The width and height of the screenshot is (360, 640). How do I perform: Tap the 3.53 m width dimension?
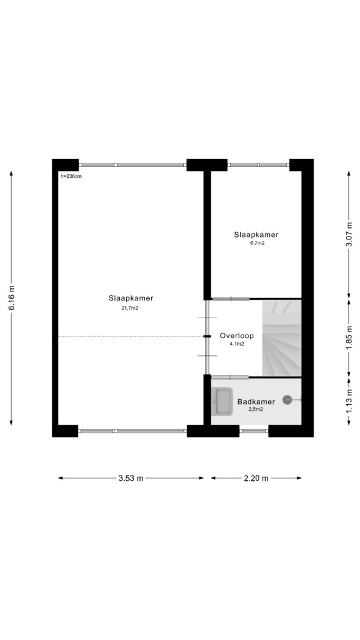point(131,478)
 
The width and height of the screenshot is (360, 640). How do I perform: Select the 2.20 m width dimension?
point(256,478)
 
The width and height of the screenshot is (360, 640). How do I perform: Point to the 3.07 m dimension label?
point(349,234)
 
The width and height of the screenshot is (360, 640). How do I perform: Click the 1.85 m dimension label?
point(349,338)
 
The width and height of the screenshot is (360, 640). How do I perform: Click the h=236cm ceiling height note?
point(71,176)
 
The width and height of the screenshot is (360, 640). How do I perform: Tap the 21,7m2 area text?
point(130,308)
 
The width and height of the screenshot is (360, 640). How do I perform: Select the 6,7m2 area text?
point(256,243)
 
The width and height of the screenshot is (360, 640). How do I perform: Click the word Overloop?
point(237,336)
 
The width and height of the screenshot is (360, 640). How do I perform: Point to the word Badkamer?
point(256,402)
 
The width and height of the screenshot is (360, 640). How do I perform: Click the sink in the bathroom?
point(222,402)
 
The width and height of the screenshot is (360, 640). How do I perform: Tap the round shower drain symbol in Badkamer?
point(287,400)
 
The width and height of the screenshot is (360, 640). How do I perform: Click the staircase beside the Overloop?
point(281,338)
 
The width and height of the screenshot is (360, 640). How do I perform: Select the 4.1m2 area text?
point(237,344)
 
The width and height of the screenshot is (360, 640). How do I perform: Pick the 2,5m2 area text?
point(256,410)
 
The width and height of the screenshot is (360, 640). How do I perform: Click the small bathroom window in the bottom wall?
point(253,431)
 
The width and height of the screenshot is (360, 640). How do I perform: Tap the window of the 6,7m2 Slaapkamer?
point(258,165)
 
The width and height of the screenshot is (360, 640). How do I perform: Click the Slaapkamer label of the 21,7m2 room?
point(131,299)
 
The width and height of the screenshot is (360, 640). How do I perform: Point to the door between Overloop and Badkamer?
point(230,377)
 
